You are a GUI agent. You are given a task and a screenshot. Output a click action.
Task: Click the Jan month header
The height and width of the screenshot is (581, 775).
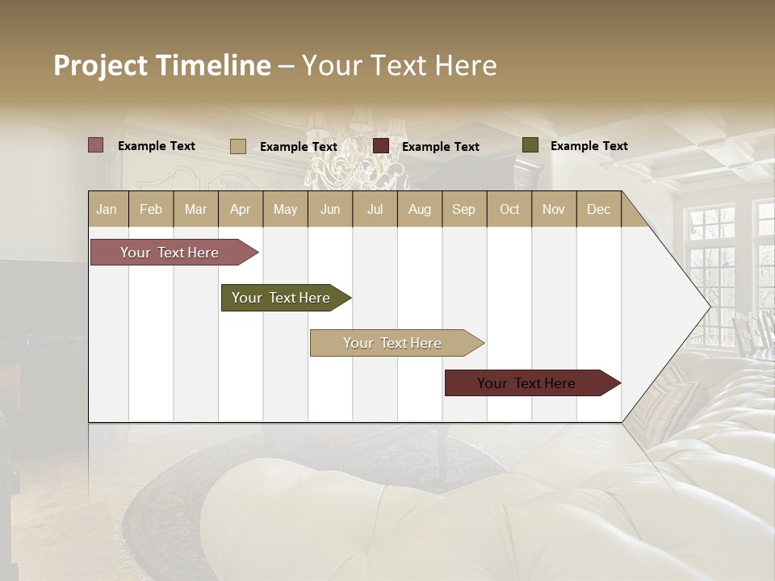[x=107, y=209]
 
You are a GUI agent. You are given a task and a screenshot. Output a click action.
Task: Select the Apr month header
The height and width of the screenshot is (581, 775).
[x=240, y=209]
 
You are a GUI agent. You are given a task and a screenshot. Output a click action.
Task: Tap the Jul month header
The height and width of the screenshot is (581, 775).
[x=375, y=209]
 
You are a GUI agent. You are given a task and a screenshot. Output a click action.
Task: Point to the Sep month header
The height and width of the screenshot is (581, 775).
[x=463, y=209]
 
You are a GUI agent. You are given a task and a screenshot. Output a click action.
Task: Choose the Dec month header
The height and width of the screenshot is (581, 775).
[x=598, y=209]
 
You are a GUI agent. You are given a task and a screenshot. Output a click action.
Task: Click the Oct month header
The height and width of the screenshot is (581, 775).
[x=509, y=209]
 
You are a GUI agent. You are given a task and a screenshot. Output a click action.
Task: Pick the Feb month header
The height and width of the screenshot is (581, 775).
[x=151, y=209]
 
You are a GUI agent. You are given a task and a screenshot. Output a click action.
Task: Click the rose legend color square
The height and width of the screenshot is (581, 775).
[x=96, y=145]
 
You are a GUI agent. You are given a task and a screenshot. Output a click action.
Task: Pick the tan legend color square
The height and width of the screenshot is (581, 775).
[x=238, y=146]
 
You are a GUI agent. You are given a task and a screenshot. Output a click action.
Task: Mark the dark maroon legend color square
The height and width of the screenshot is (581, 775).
[x=381, y=146]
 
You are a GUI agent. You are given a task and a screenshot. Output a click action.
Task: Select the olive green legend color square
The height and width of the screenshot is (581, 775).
[x=530, y=145]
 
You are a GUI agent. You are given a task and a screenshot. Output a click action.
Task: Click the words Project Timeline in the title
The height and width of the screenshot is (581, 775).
[x=161, y=65]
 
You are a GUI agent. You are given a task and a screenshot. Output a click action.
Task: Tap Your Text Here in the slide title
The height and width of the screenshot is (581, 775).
[x=399, y=65]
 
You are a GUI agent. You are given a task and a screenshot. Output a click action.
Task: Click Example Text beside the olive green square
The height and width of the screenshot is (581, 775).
[x=589, y=146]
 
